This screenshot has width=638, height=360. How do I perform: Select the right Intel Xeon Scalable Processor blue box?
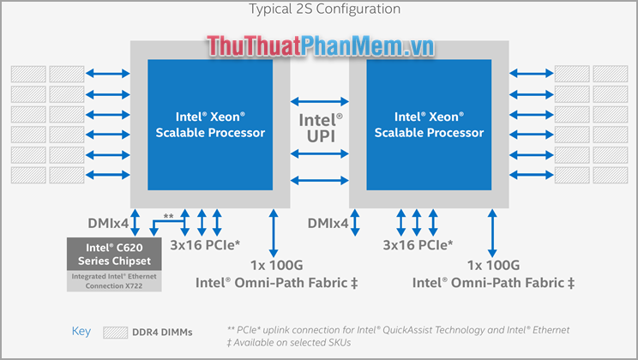[429, 124]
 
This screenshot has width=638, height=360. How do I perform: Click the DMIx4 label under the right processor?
[328, 223]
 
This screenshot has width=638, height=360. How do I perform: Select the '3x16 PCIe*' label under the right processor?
[418, 244]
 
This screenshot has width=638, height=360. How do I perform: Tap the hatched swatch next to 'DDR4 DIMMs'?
[116, 332]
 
